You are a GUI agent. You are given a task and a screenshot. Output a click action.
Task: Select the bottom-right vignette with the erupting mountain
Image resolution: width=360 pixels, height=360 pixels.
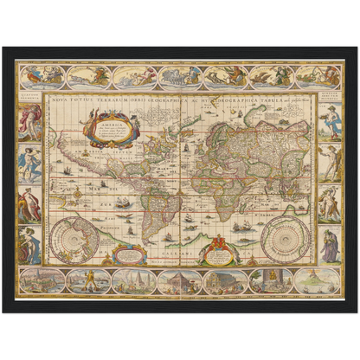[x=315, y=281]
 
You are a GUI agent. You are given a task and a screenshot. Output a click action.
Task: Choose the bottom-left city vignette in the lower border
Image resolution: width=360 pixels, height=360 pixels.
[x=41, y=281]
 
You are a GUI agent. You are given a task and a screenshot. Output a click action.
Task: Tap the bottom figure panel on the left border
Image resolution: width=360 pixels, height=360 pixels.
[x=30, y=245]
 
